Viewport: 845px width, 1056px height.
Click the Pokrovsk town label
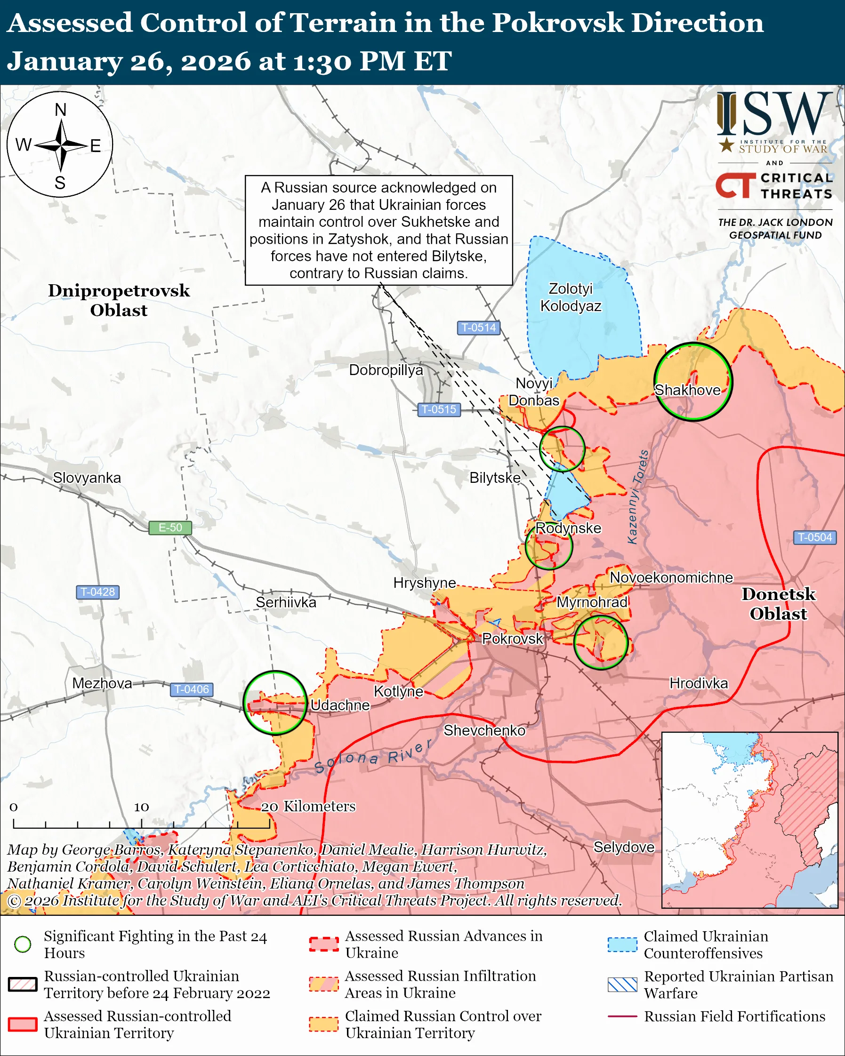pos(512,639)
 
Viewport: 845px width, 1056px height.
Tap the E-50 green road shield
pos(170,528)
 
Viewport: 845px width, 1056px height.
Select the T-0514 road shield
pos(479,327)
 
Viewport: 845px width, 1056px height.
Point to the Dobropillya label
pos(386,370)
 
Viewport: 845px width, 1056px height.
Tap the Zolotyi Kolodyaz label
pos(571,297)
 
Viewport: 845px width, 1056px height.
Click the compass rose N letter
pos(60,110)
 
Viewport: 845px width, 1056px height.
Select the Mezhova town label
pos(102,683)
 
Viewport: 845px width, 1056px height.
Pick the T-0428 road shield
pos(97,592)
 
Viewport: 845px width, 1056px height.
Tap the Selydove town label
pos(624,847)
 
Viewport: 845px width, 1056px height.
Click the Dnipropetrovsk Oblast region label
pos(119,300)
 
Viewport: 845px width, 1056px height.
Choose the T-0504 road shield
pos(814,537)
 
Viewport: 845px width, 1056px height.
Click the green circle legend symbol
pos(23,944)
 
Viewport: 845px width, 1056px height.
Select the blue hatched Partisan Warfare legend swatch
pos(622,984)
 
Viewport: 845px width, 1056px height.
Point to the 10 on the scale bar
pos(141,807)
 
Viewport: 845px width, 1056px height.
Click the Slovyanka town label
pos(87,478)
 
